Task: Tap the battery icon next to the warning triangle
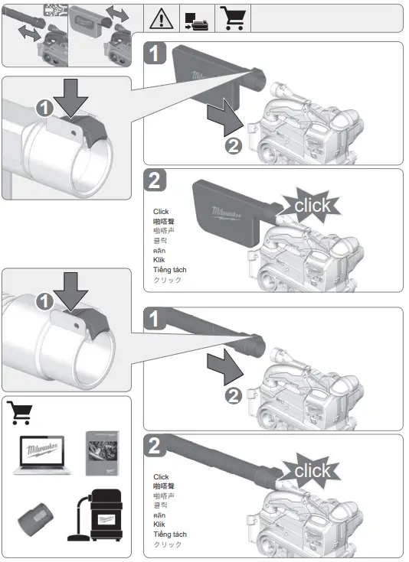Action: click(195, 18)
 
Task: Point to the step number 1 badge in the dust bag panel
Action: click(155, 54)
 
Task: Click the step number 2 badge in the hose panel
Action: click(155, 447)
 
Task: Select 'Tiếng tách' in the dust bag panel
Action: click(169, 270)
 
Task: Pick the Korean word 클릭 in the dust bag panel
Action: click(160, 240)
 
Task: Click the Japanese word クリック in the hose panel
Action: click(168, 544)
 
